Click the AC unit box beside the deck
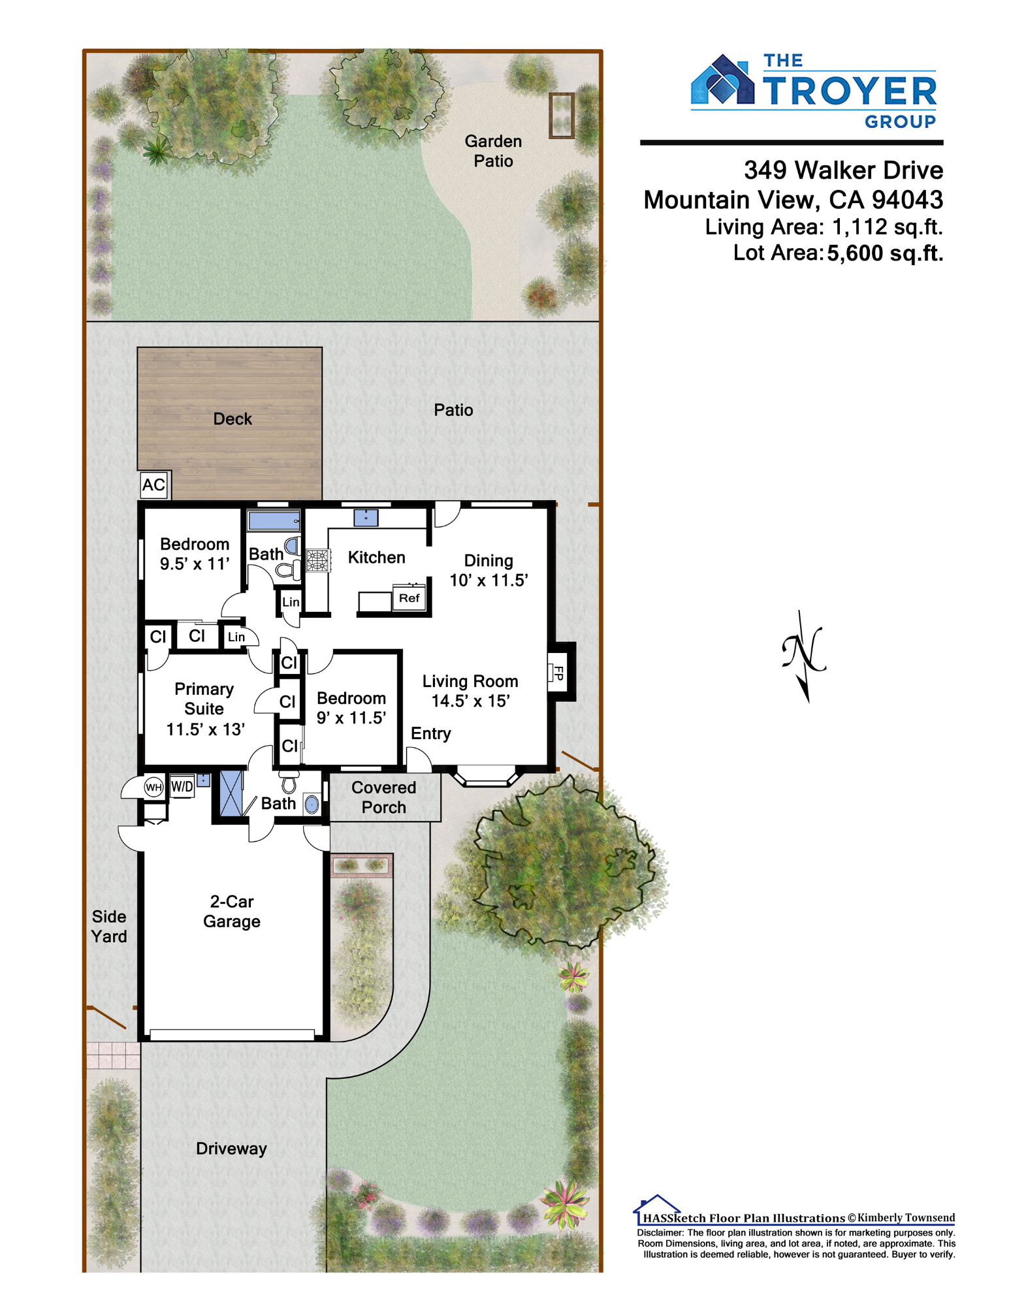(154, 485)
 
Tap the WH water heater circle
(153, 787)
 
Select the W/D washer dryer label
(182, 787)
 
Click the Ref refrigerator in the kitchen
(409, 598)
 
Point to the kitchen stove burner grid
(318, 560)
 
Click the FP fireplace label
(558, 673)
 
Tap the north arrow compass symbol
(804, 655)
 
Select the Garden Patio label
(493, 151)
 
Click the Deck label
(232, 419)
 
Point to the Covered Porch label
(384, 797)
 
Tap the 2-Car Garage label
(232, 911)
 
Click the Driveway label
(232, 1149)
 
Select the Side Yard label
(109, 926)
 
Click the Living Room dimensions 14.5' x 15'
(470, 701)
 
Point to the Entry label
(431, 733)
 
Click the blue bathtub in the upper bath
(274, 520)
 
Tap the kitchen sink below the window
(366, 518)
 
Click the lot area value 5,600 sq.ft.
(885, 253)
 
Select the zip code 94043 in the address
(908, 199)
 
